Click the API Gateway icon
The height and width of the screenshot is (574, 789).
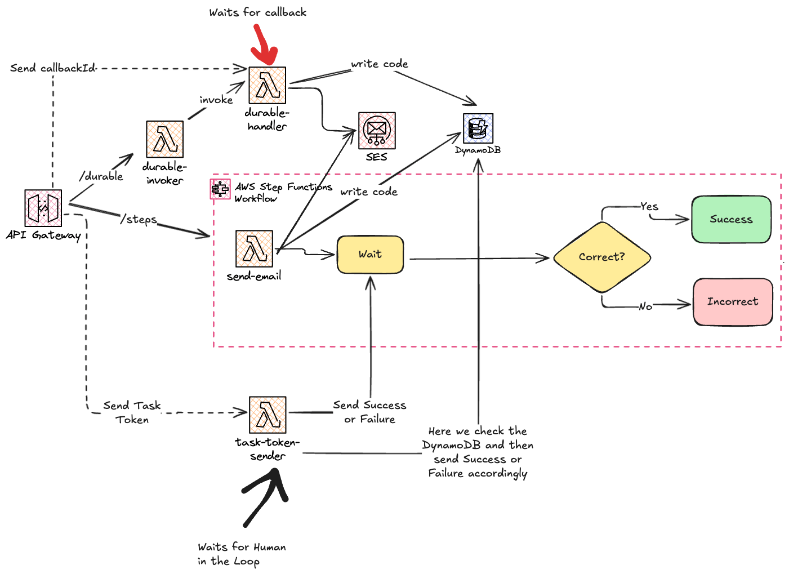[43, 208]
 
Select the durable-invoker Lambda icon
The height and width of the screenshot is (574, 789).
[164, 139]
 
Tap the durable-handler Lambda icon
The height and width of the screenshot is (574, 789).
[267, 86]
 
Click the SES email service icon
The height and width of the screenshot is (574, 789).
[377, 130]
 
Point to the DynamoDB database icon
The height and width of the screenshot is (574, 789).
[478, 128]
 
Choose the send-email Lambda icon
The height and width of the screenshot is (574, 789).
[254, 248]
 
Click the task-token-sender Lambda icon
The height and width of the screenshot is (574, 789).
[268, 415]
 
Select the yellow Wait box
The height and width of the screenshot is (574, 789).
[370, 255]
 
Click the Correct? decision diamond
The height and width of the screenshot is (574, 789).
[601, 257]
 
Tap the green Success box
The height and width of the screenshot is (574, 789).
[731, 220]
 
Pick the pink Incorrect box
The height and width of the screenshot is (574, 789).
[732, 302]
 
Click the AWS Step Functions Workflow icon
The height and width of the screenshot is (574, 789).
[220, 189]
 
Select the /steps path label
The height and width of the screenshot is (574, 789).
[139, 219]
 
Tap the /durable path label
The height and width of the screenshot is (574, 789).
[101, 176]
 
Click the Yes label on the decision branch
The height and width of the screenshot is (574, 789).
[649, 207]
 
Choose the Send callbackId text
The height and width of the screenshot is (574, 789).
[53, 68]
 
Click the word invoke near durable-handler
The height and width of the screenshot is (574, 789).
[216, 100]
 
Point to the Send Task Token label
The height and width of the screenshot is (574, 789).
[132, 412]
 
